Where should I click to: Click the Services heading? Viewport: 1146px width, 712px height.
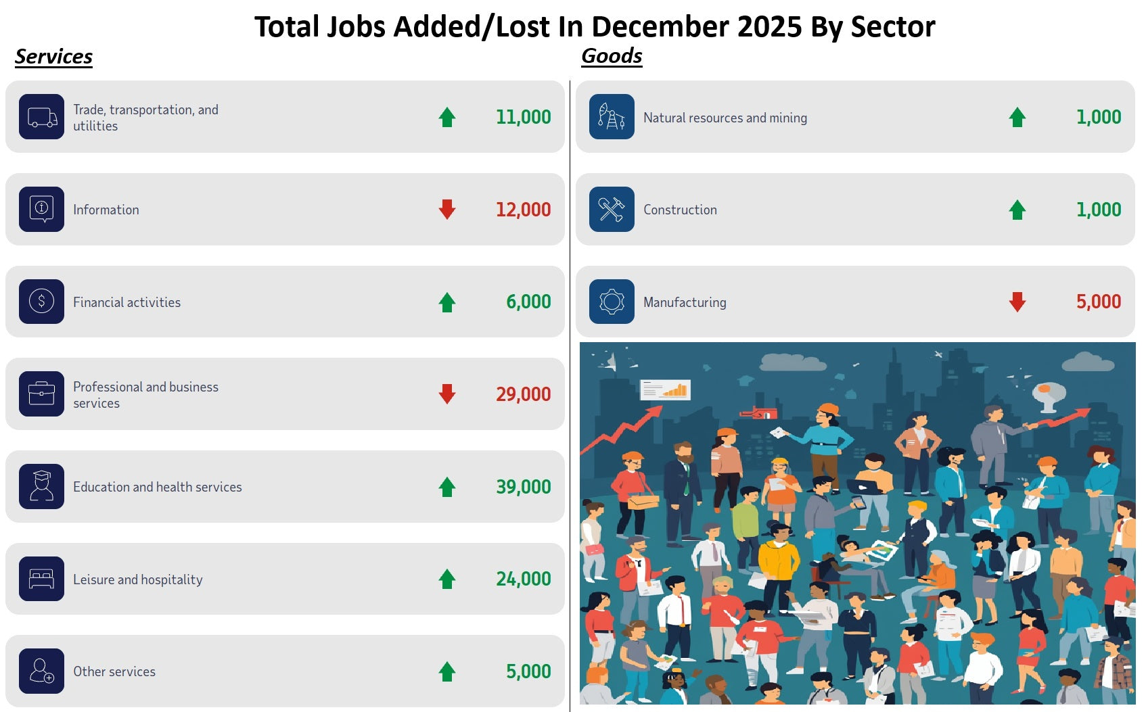pyautogui.click(x=53, y=57)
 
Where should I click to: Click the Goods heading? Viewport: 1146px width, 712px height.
pyautogui.click(x=612, y=56)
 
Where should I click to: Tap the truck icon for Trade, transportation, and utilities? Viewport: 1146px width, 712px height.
pyautogui.click(x=42, y=117)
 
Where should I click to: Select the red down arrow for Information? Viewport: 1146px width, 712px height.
pyautogui.click(x=447, y=210)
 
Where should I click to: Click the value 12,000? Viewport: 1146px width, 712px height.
pyautogui.click(x=523, y=210)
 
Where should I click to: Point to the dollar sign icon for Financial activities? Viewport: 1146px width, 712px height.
pyautogui.click(x=42, y=302)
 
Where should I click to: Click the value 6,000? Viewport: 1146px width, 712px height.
pyautogui.click(x=528, y=302)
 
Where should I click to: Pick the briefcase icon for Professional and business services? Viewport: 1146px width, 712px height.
pyautogui.click(x=42, y=394)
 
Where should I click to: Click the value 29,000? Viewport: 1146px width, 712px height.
pyautogui.click(x=523, y=394)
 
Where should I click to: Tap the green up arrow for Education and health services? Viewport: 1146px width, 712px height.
pyautogui.click(x=447, y=487)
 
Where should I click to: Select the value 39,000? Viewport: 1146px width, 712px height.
pyautogui.click(x=523, y=487)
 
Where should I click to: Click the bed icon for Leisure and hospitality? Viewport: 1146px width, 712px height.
pyautogui.click(x=42, y=579)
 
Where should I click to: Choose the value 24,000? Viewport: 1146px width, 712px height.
pyautogui.click(x=523, y=579)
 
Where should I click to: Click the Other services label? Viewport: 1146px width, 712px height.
pyautogui.click(x=114, y=671)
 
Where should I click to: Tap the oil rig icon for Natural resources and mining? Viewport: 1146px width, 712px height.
pyautogui.click(x=612, y=117)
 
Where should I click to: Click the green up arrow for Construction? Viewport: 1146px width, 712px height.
pyautogui.click(x=1017, y=210)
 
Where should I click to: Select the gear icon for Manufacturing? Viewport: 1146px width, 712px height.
pyautogui.click(x=612, y=302)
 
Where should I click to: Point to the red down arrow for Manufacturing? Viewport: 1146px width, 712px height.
pyautogui.click(x=1017, y=302)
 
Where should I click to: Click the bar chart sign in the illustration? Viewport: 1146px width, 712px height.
pyautogui.click(x=666, y=389)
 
